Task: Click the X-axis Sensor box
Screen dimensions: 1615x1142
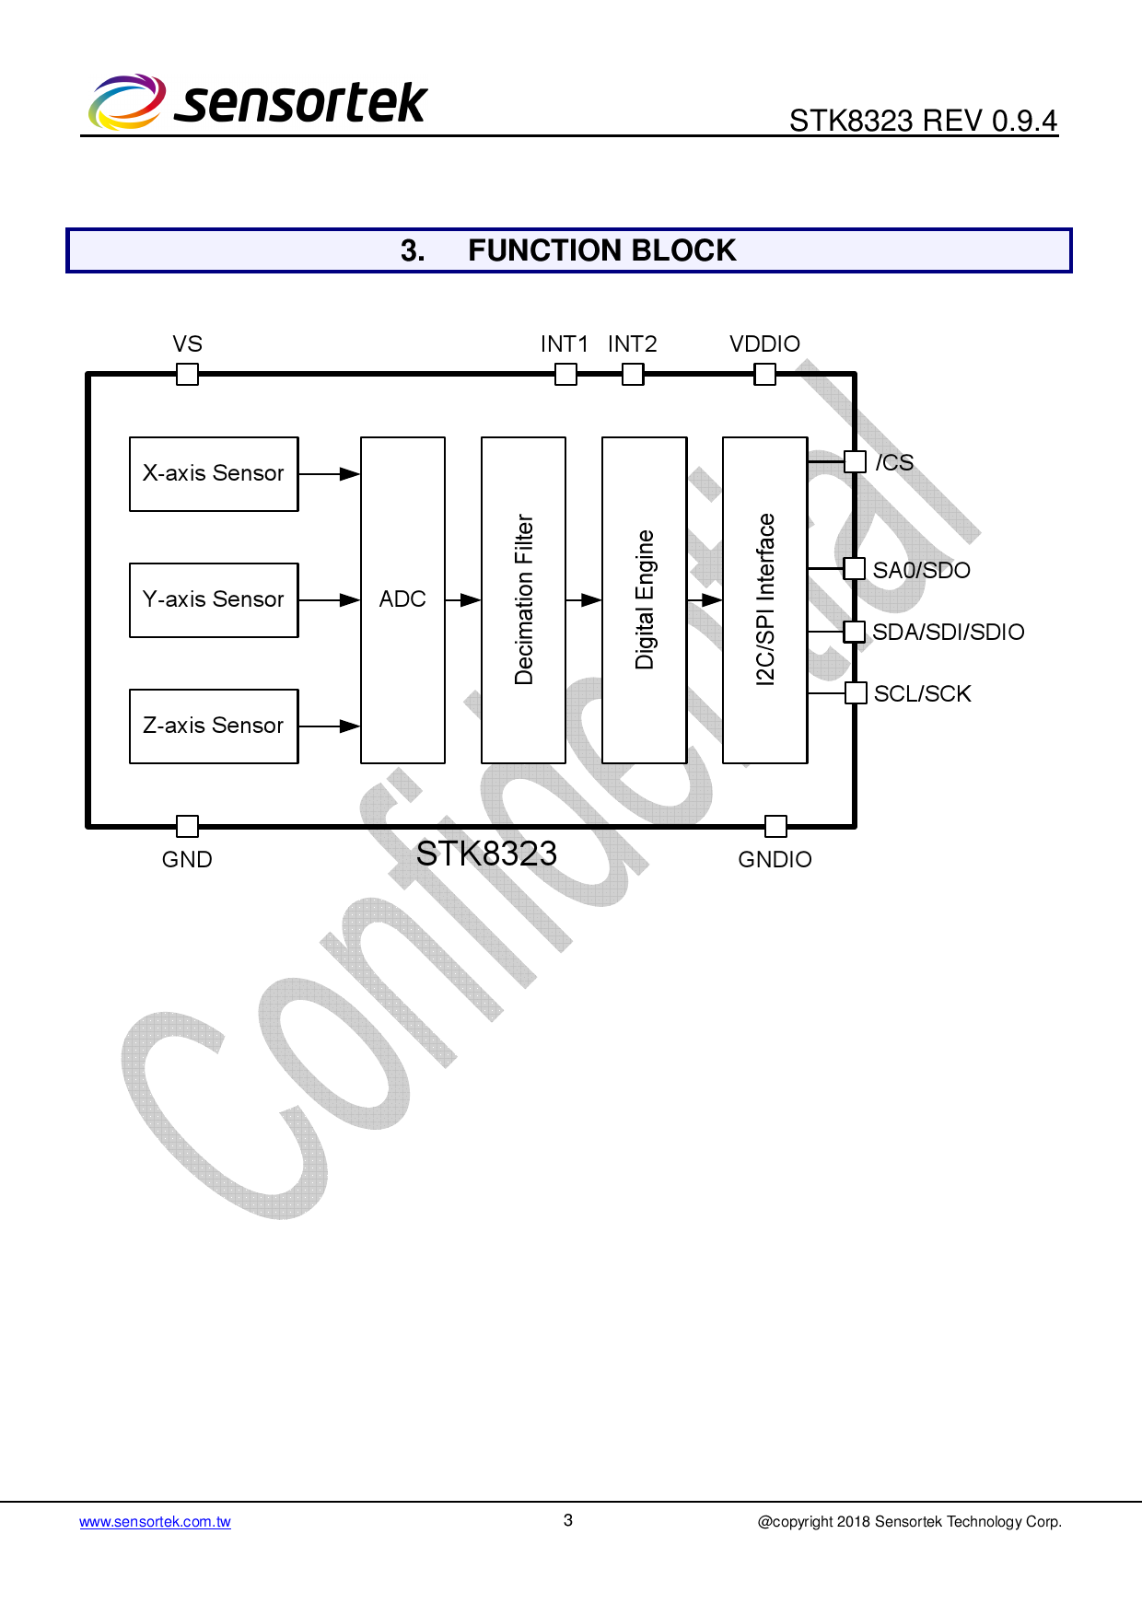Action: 214,473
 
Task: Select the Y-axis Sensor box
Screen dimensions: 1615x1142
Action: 214,599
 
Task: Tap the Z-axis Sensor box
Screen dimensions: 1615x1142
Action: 214,726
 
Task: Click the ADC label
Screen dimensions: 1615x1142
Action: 402,599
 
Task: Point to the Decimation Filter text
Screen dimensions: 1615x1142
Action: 524,599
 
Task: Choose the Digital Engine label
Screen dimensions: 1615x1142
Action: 645,599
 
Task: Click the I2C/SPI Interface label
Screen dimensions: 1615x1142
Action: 765,599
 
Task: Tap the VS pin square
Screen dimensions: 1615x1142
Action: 187,374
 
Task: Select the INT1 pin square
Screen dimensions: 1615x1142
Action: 566,374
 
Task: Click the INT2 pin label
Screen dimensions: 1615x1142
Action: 632,344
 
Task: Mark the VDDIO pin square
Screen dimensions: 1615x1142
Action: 764,374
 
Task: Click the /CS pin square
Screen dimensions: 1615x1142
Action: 856,461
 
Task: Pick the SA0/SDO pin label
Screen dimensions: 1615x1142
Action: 921,571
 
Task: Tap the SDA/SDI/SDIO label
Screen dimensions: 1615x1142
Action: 948,633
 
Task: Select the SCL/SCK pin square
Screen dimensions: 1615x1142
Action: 856,692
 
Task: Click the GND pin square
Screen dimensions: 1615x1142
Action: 187,826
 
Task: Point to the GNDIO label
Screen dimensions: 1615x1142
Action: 775,860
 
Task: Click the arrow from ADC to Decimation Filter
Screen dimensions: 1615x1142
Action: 463,599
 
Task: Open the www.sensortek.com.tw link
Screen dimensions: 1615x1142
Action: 155,1522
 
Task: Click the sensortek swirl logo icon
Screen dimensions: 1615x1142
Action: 127,101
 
